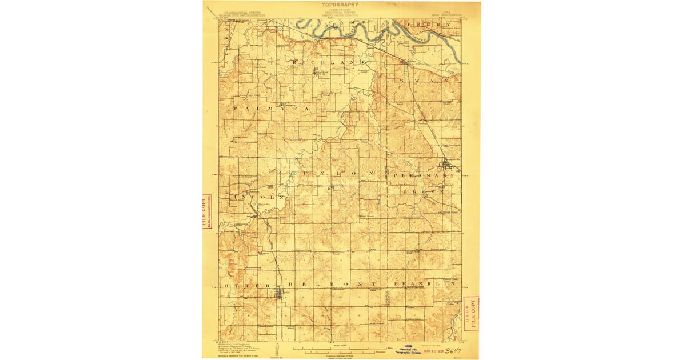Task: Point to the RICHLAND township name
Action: (328, 61)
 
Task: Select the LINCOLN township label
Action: (254, 197)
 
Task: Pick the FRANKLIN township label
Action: (424, 284)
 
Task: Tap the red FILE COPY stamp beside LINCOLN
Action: (206, 211)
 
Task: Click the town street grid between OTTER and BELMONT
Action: (280, 295)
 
